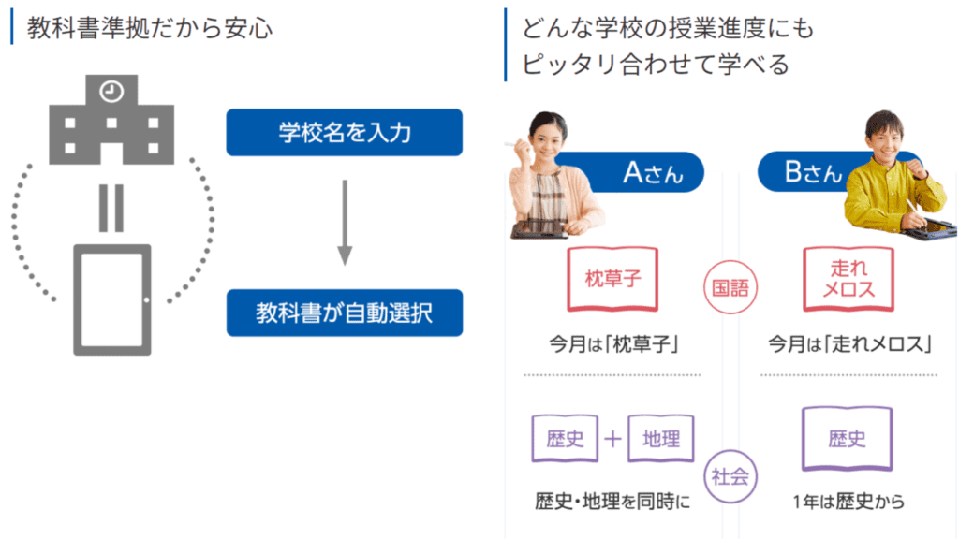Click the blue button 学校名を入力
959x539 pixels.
point(344,133)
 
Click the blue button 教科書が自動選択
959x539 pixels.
point(344,313)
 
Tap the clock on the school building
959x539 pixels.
point(111,91)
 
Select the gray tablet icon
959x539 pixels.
point(111,299)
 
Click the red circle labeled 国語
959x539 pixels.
point(730,287)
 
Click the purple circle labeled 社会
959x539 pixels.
point(730,476)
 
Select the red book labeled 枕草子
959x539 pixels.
point(613,279)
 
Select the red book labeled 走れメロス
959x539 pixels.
point(848,279)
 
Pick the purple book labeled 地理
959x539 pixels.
point(661,439)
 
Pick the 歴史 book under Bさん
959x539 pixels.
point(848,439)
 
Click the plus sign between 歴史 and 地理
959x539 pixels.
point(613,439)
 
